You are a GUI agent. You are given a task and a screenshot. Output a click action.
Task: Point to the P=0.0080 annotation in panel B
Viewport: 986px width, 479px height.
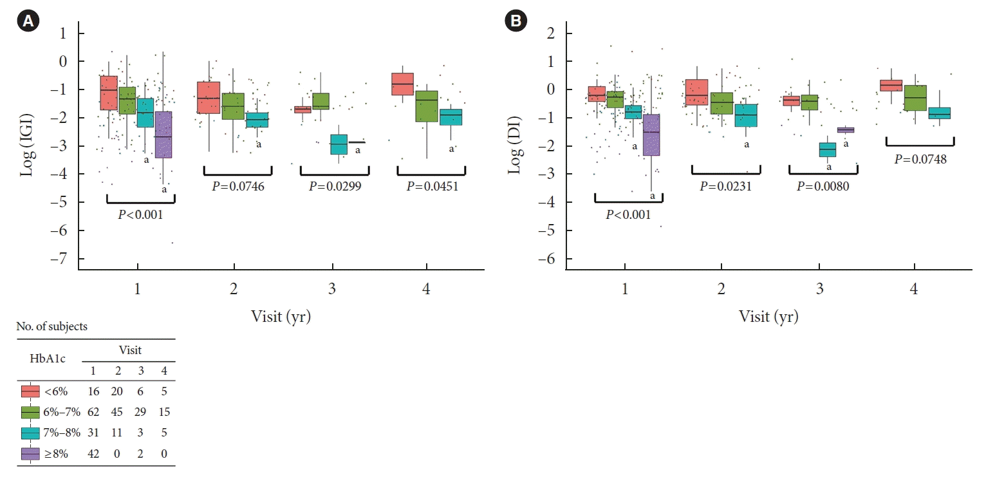823,186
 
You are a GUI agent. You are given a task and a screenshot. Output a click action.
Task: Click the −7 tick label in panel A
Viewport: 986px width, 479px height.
63,259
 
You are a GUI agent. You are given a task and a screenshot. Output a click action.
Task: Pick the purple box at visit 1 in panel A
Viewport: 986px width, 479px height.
163,135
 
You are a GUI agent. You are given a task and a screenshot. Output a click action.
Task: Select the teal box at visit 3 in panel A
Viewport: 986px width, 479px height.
339,144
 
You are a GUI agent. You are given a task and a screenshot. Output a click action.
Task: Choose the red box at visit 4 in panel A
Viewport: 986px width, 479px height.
402,84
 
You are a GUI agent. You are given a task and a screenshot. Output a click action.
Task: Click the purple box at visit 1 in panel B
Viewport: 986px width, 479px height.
651,135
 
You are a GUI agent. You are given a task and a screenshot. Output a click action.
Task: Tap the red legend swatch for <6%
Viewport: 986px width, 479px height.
31,391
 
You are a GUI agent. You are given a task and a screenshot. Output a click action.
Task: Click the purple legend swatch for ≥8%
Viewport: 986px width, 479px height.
31,454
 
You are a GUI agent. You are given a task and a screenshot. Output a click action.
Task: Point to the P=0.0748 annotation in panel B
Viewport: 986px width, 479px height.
920,159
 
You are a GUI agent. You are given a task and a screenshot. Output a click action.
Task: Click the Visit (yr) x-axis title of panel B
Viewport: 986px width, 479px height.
768,316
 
